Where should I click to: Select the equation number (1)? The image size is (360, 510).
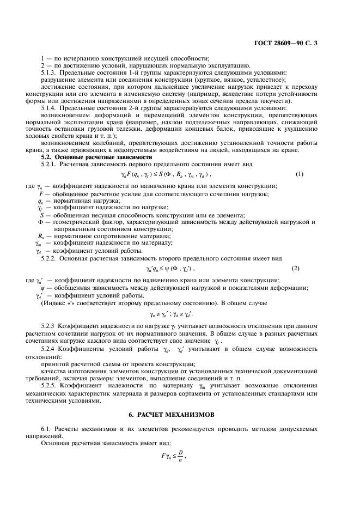coord(299,190)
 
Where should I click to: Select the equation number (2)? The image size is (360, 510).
coord(296,268)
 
